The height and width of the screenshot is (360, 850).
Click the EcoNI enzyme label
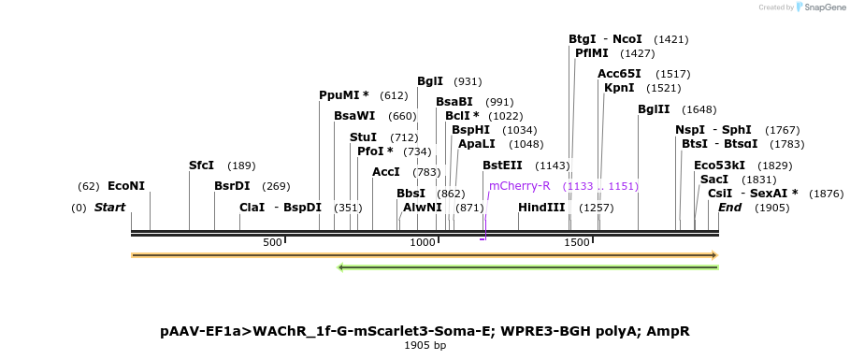click(126, 186)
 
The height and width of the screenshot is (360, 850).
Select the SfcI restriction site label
click(201, 166)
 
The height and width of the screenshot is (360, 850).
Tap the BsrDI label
click(232, 186)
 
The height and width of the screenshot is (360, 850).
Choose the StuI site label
click(363, 137)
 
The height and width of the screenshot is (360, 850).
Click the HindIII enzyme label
click(541, 207)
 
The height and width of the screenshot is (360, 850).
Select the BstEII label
click(502, 166)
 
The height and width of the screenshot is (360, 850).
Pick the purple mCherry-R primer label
click(519, 186)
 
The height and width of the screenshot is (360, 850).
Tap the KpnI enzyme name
click(619, 88)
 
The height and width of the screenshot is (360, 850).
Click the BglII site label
click(654, 109)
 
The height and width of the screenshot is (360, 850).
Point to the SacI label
click(713, 180)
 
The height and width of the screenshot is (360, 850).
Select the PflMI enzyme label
click(591, 53)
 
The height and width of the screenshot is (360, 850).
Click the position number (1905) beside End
click(771, 208)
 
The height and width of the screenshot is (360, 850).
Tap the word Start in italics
click(109, 208)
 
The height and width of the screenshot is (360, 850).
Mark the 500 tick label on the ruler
click(272, 242)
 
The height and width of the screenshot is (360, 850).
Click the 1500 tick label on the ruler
click(577, 242)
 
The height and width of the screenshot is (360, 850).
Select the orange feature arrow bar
click(425, 254)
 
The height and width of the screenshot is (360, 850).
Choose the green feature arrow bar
click(527, 267)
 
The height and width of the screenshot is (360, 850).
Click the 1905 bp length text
click(425, 346)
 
